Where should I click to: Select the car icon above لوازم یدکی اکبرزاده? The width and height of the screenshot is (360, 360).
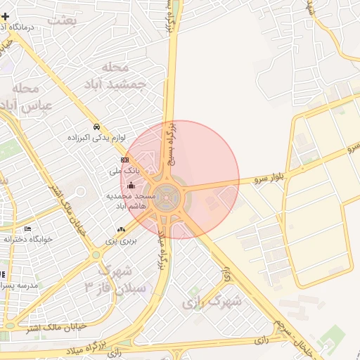click(x=96, y=127)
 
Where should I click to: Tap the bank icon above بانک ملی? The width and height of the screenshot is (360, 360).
click(x=125, y=160)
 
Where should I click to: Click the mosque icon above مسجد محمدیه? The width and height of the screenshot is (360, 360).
click(x=131, y=185)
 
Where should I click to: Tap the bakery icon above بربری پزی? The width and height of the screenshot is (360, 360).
click(x=121, y=230)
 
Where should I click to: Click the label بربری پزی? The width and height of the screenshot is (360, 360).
click(x=120, y=240)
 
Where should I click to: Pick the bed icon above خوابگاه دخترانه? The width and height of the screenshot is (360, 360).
click(x=27, y=229)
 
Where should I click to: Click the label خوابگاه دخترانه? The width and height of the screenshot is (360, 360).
click(x=28, y=239)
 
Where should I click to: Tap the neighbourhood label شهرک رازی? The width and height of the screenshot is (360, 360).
click(x=212, y=302)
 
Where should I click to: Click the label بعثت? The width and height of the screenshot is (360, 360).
click(x=61, y=19)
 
